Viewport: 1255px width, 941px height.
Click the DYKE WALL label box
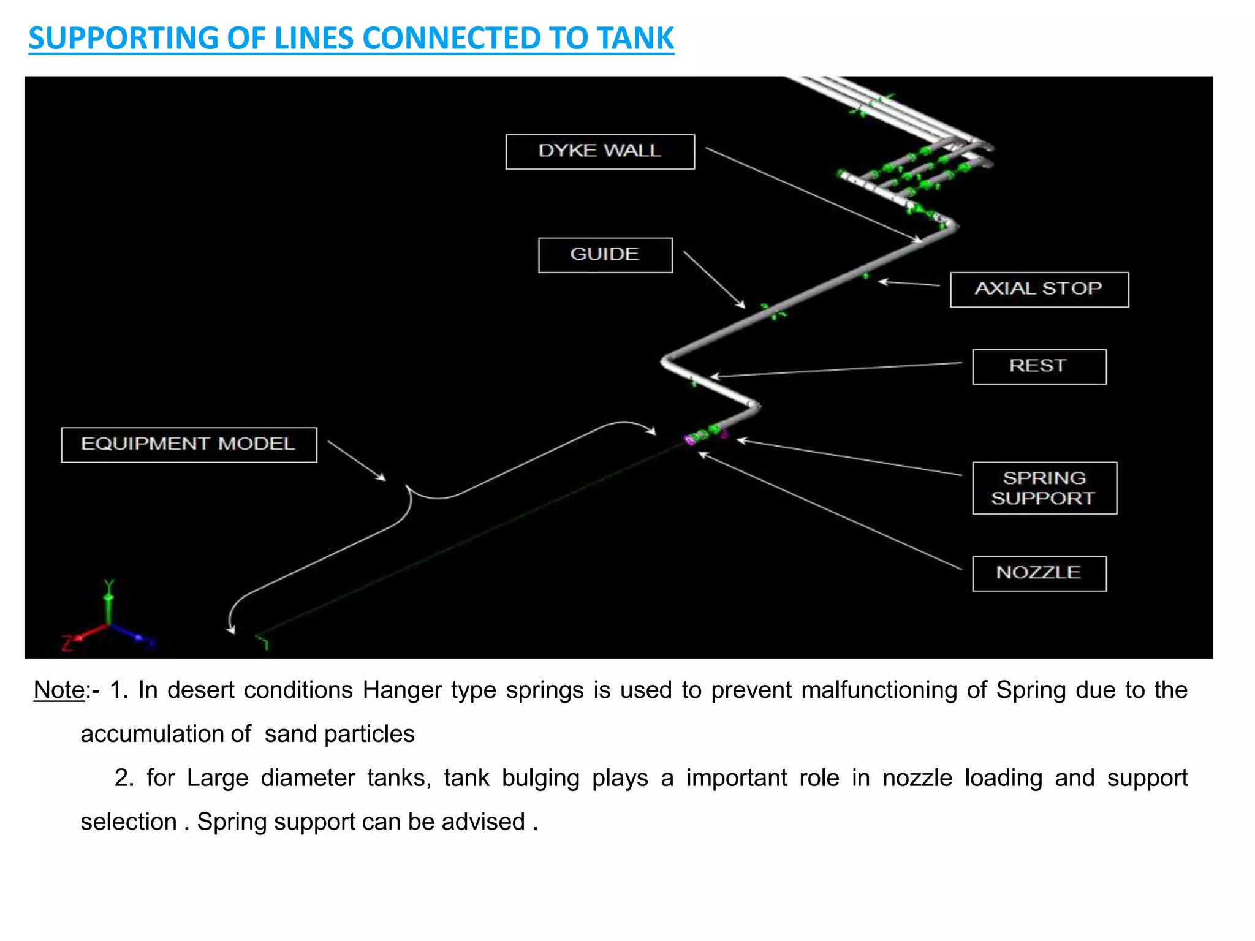click(600, 151)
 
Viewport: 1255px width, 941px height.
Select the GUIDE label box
click(605, 255)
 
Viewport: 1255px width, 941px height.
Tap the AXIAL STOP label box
click(1039, 289)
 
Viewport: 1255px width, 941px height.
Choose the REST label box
click(1039, 366)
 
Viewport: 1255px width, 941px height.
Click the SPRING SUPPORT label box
click(1044, 488)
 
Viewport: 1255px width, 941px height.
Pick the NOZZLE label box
click(1039, 573)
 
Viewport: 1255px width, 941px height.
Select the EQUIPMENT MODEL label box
click(189, 444)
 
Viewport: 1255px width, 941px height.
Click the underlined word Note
click(59, 690)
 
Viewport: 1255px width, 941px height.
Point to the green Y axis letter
click(109, 584)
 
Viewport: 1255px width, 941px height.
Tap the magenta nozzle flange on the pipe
click(690, 439)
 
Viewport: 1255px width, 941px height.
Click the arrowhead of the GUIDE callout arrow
click(742, 304)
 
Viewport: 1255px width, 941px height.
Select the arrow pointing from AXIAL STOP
click(910, 283)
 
